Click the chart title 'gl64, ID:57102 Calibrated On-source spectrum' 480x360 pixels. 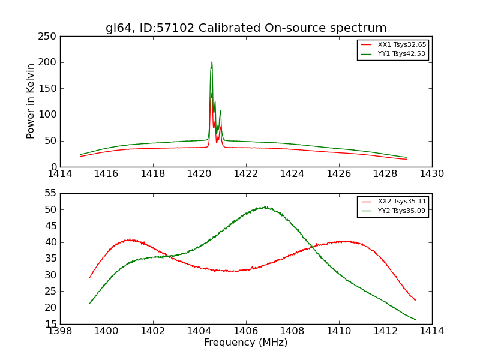coord(246,28)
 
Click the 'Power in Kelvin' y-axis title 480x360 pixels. coord(31,101)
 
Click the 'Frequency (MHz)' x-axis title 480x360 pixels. coord(246,343)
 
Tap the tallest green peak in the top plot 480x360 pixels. coord(212,62)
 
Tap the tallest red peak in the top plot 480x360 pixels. coord(212,94)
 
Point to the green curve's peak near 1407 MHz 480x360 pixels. coord(264,207)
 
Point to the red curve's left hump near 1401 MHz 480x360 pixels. coord(130,240)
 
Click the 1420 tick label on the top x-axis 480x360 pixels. coord(199,173)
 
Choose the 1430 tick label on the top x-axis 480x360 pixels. coord(432,173)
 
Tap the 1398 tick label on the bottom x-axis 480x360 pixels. coord(60,331)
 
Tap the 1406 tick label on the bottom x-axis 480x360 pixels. coord(246,331)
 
